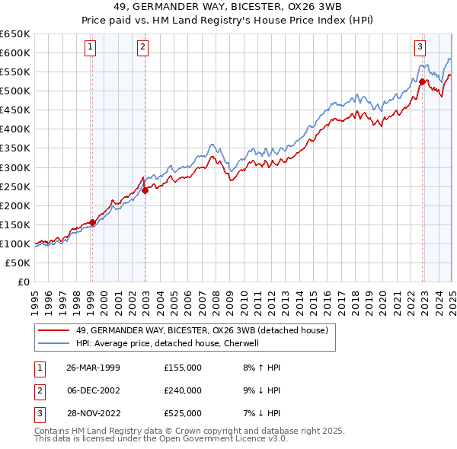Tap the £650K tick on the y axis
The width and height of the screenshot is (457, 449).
pyautogui.click(x=15, y=34)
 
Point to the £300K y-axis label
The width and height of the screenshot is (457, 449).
pyautogui.click(x=15, y=167)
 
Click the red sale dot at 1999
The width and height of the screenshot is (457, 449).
pyautogui.click(x=93, y=222)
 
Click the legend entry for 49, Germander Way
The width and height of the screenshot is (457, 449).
pyautogui.click(x=202, y=330)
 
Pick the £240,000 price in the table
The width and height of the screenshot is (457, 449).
pyautogui.click(x=183, y=390)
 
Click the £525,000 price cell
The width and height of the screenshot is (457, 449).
pyautogui.click(x=183, y=413)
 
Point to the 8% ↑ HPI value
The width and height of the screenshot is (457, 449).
pyautogui.click(x=260, y=368)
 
